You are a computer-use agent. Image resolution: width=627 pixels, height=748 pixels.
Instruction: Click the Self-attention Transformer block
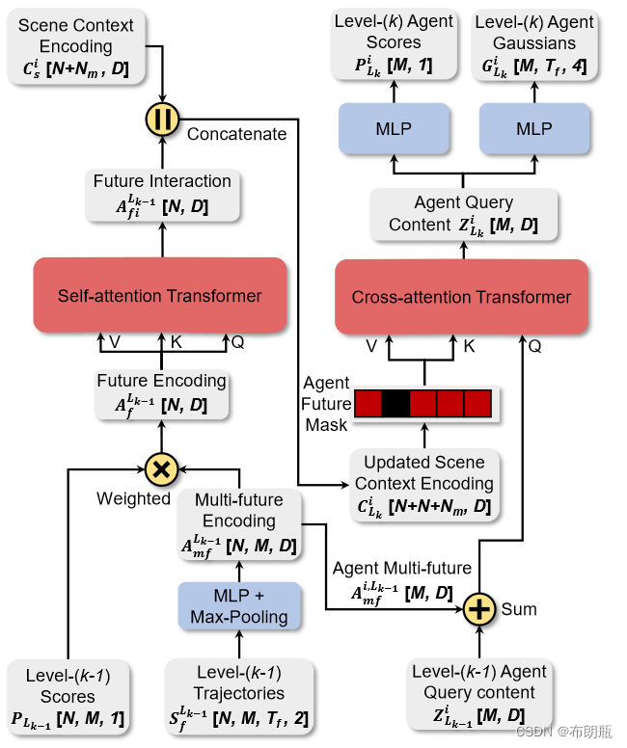160,295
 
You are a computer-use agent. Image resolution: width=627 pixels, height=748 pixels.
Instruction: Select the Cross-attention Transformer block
461,297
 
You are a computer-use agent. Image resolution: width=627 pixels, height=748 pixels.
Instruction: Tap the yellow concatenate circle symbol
162,119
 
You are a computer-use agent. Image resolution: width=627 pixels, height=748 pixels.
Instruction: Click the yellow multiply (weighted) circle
162,469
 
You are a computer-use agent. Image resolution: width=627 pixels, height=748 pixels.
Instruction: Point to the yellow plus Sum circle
478,609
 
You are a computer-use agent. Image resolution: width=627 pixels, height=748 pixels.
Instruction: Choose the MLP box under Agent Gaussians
533,128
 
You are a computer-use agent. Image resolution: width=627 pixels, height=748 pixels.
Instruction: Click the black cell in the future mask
395,403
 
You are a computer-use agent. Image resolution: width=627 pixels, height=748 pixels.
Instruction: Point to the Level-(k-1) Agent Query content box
478,693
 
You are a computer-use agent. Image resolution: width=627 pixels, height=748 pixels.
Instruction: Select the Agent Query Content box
464,213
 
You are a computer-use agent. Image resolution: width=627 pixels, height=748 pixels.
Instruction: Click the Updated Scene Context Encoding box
423,483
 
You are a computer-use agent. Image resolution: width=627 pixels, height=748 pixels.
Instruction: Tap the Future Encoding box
162,392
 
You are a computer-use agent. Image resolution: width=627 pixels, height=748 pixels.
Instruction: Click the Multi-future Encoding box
239,522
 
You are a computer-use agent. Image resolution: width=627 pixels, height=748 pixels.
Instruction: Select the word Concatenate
236,134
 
